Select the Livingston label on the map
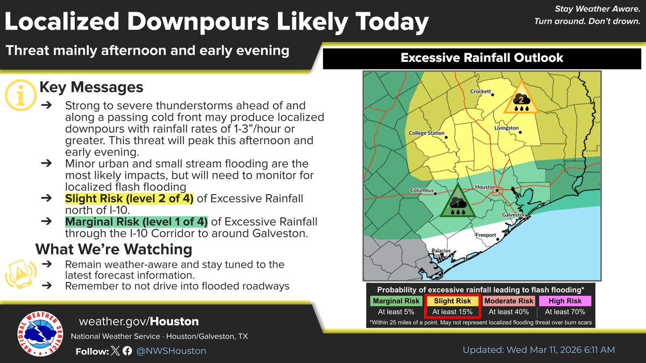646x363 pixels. tap(507, 129)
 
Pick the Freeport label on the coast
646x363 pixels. tap(485, 235)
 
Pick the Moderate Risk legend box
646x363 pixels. tap(509, 301)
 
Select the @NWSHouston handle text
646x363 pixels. tap(171, 351)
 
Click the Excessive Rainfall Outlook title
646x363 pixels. tap(482, 58)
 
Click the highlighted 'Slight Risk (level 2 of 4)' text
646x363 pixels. tap(129, 199)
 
